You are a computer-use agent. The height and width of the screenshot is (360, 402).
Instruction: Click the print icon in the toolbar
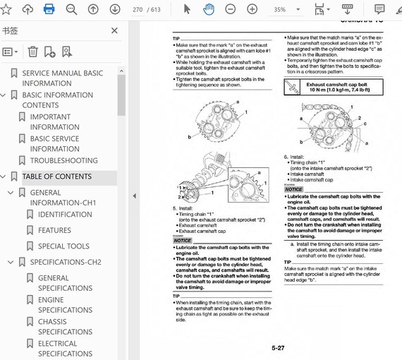49,9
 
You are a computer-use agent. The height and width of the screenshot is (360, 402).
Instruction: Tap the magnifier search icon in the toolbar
71,9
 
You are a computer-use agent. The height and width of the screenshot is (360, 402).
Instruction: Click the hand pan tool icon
209,9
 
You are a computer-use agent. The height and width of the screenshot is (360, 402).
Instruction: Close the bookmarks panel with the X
115,31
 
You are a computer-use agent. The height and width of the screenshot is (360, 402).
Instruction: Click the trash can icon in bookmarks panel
32,52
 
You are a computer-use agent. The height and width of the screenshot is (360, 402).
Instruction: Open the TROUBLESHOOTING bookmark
63,160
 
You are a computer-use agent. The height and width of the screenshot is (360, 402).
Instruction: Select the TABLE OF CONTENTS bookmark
56,176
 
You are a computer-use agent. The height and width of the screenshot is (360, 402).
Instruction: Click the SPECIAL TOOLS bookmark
63,246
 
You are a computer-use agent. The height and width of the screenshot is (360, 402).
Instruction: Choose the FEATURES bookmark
54,230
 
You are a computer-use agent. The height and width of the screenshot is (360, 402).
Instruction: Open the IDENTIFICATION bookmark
65,215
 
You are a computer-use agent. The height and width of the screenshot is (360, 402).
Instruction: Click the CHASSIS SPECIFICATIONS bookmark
65,327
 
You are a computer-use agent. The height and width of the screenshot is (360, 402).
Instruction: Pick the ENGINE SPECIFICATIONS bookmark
65,305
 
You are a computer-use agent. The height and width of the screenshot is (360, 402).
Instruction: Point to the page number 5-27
278,348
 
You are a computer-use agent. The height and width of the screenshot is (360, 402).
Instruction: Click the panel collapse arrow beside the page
134,196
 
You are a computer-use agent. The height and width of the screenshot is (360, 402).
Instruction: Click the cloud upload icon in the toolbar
28,9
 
